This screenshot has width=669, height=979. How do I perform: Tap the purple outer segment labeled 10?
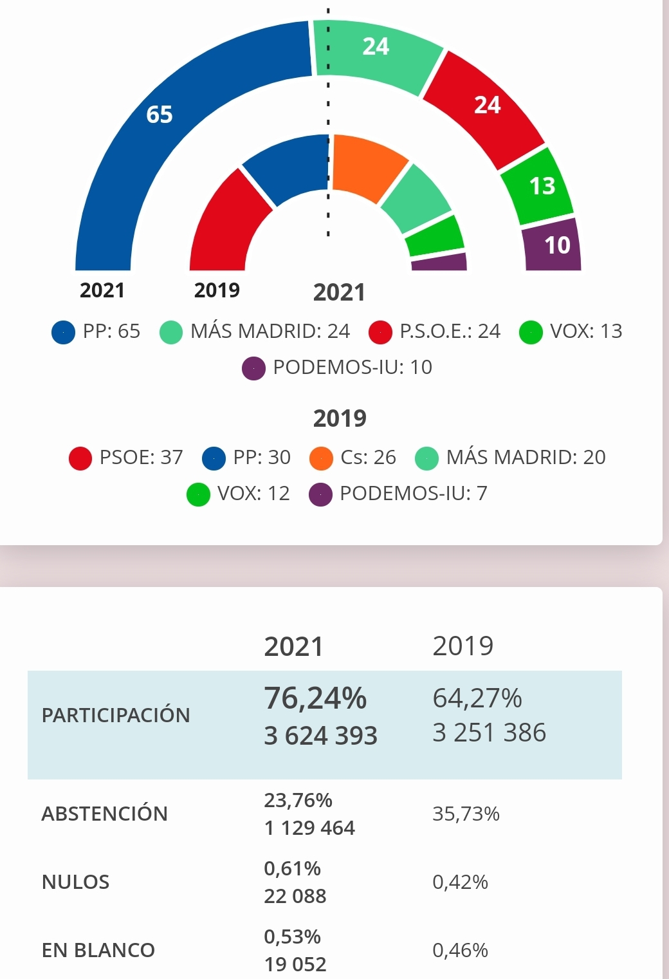pos(555,245)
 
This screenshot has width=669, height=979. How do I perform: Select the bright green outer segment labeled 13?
pos(540,186)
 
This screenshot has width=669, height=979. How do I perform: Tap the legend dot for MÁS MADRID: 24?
pos(171,332)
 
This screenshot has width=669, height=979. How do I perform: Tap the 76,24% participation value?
pos(315,698)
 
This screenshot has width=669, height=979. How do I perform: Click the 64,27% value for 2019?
pos(477,698)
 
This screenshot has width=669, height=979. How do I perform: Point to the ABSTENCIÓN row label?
pos(104,814)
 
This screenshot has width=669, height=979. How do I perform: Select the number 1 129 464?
pos(309,828)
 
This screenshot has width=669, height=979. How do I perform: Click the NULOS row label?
pos(75,882)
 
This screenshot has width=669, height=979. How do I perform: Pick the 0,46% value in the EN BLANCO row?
pos(460,951)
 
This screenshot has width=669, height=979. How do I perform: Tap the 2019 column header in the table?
pos(463,646)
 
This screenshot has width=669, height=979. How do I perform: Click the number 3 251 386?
pos(489,733)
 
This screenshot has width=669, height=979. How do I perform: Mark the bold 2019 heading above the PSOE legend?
pos(340,419)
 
